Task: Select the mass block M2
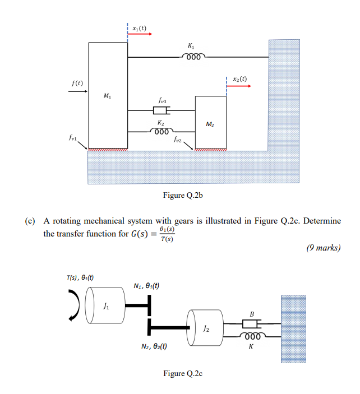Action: (210, 123)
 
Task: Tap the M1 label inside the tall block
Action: (107, 97)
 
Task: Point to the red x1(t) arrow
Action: (140, 34)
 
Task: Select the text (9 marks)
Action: (323, 248)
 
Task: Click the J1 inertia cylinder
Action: (107, 306)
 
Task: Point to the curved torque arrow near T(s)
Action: (72, 305)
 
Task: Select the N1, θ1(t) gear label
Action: (146, 285)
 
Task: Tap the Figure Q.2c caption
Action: (182, 373)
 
